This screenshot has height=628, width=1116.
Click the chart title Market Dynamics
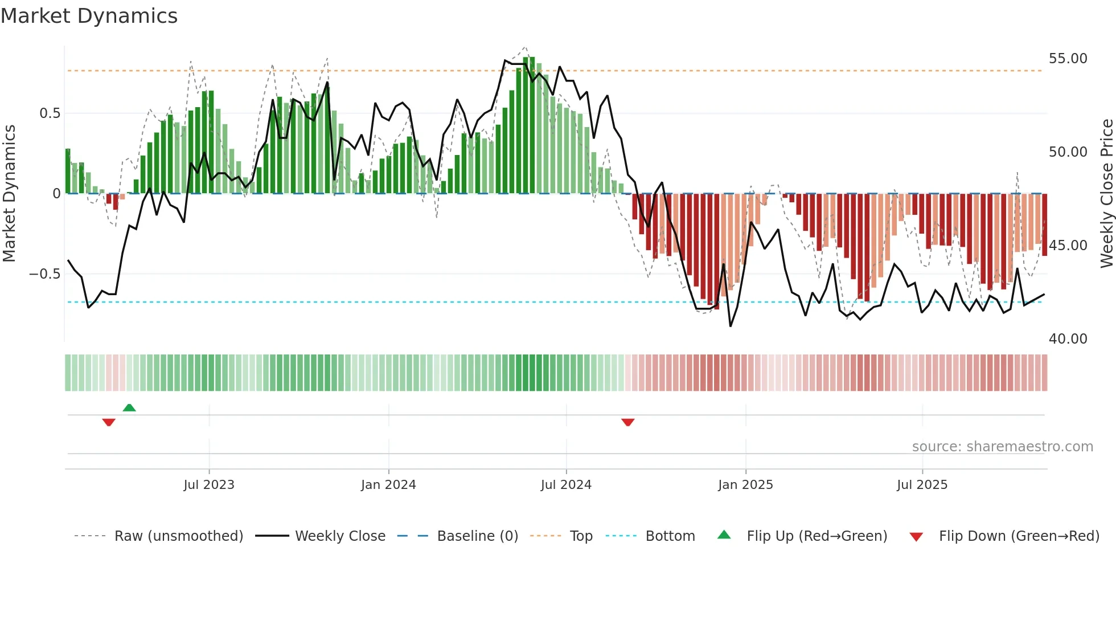89,16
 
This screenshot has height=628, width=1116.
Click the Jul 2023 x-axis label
209,485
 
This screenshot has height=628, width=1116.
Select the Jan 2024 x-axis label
388,485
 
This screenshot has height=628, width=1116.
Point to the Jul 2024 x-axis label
566,485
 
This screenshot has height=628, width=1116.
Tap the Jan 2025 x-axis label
745,485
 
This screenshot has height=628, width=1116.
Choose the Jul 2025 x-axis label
922,485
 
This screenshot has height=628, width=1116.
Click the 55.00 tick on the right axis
1068,59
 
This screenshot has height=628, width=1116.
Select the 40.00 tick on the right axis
1068,339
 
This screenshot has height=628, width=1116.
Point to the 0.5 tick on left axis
50,113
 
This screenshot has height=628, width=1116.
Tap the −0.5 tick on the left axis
45,274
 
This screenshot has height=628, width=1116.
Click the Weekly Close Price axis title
1106,193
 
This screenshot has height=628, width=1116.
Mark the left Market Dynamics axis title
9,193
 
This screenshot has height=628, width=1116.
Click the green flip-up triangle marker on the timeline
129,407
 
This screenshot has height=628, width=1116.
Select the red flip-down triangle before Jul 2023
109,422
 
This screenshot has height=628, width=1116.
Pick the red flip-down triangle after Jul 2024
628,422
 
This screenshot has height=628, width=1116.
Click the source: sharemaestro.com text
1002,447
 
